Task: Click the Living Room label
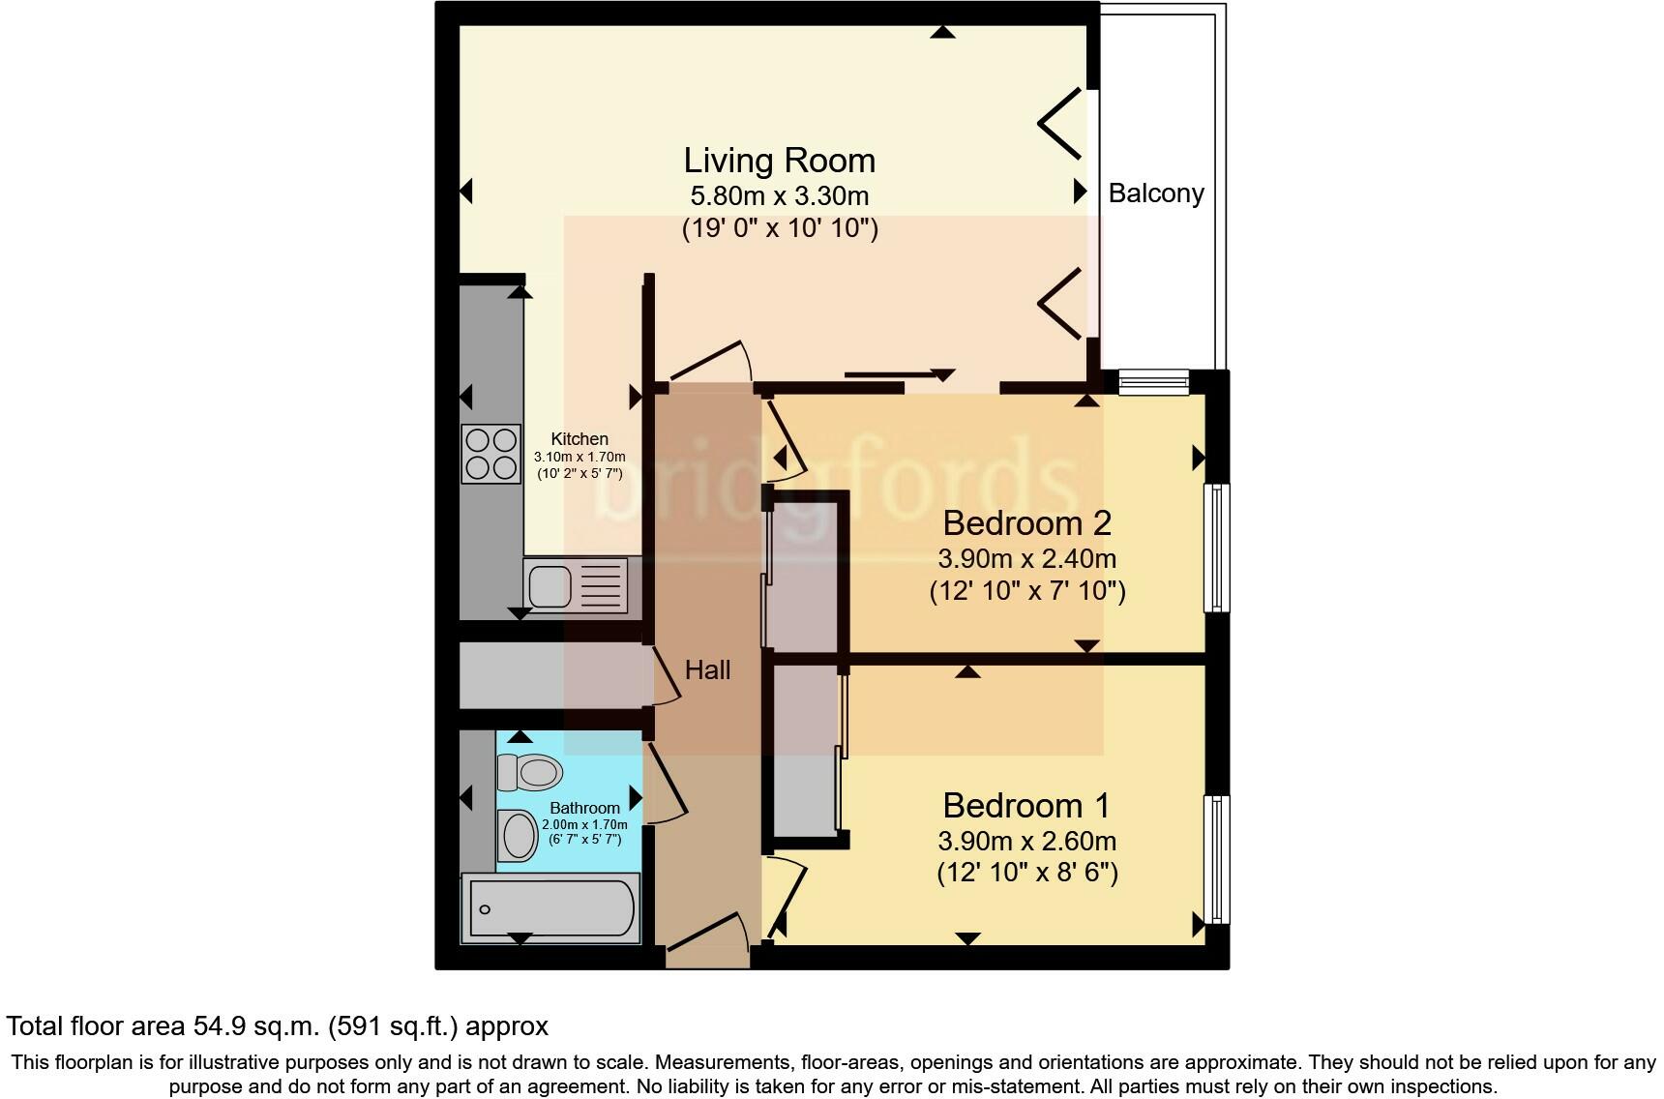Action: pyautogui.click(x=779, y=161)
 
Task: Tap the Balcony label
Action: pyautogui.click(x=1155, y=193)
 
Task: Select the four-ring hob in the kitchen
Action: pyautogui.click(x=490, y=455)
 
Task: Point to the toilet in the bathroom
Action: pyautogui.click(x=529, y=772)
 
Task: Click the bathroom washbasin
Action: pyautogui.click(x=519, y=835)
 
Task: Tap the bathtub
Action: pyautogui.click(x=550, y=908)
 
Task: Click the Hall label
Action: pyautogui.click(x=707, y=669)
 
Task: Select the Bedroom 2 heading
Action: pyautogui.click(x=1026, y=523)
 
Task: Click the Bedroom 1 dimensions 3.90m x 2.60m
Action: pyautogui.click(x=1026, y=841)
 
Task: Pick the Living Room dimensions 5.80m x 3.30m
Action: pyautogui.click(x=779, y=196)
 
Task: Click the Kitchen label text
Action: pyautogui.click(x=579, y=439)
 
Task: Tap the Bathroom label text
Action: pyautogui.click(x=584, y=808)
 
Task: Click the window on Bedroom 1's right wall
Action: pyautogui.click(x=1216, y=859)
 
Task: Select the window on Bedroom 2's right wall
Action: pyautogui.click(x=1216, y=548)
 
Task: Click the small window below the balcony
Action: pyautogui.click(x=1153, y=382)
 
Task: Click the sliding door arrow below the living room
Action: pyautogui.click(x=900, y=374)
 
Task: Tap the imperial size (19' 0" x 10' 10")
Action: pyautogui.click(x=779, y=229)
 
